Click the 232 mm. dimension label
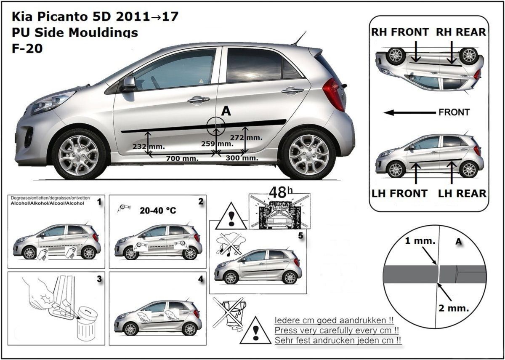[x=149, y=147]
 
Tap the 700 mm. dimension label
[x=182, y=159]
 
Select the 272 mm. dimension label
[x=246, y=137]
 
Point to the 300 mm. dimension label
[x=242, y=158]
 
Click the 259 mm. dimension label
[x=217, y=144]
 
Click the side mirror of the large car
[x=129, y=84]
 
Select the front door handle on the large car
[x=199, y=100]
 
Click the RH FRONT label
[x=400, y=32]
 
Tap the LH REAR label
[x=462, y=194]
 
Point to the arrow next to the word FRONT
[x=409, y=112]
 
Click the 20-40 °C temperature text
[x=158, y=211]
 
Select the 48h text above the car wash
[x=281, y=192]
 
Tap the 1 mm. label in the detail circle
[x=420, y=241]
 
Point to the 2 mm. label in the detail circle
[x=454, y=308]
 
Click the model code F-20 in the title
[x=27, y=48]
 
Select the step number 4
[x=201, y=279]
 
